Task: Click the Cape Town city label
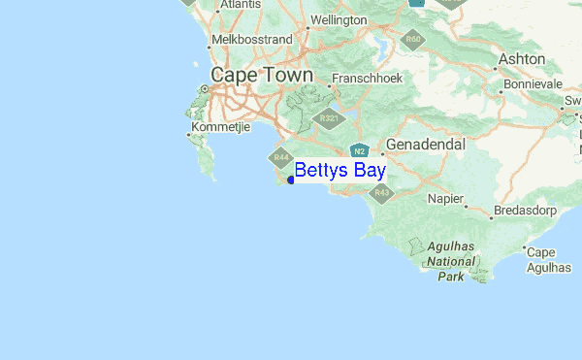tap(262, 76)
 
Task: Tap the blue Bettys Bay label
tap(339, 171)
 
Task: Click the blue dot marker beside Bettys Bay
tap(291, 180)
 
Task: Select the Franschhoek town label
tap(367, 79)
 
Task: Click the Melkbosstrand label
tap(251, 39)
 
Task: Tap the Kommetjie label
tap(221, 127)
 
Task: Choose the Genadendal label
tap(426, 145)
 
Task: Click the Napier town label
tap(447, 199)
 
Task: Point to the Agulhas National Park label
tap(450, 261)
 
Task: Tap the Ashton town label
tap(522, 59)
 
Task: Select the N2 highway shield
tap(358, 151)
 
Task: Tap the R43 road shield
tap(381, 193)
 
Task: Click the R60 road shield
tap(414, 40)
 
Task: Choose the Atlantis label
tap(241, 5)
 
